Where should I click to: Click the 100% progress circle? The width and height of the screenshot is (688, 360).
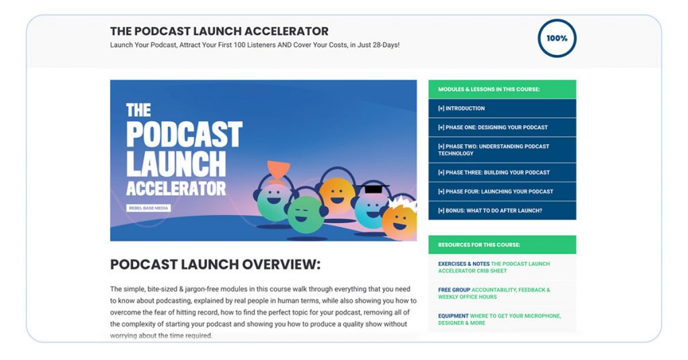[x=557, y=38]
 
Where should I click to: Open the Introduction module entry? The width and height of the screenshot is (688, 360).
[x=461, y=108]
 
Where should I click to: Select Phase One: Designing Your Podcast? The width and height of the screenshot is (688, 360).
[x=492, y=127]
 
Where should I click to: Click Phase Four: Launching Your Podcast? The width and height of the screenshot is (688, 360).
[x=495, y=191]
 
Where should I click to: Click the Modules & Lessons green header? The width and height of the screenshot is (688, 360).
[x=502, y=89]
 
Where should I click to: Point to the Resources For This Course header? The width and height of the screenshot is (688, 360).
[x=502, y=244]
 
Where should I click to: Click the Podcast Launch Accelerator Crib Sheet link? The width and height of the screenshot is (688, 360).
[x=494, y=267]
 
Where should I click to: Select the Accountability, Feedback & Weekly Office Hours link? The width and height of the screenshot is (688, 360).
[x=494, y=294]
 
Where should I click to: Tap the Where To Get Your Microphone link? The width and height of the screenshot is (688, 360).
[x=499, y=319]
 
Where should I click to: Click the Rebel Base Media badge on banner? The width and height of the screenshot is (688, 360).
[x=148, y=208]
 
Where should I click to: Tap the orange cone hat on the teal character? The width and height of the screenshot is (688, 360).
[x=278, y=169]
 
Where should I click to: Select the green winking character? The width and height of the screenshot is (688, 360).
[x=306, y=214]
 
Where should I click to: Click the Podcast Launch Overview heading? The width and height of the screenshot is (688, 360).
[x=215, y=264]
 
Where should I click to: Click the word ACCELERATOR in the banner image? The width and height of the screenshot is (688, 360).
[x=176, y=187]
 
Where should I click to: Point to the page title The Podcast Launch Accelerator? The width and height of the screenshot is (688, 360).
[x=219, y=31]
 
